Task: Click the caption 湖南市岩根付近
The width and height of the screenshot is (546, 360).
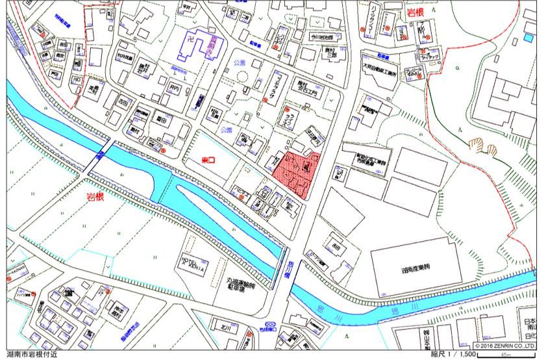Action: click(x=32, y=355)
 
